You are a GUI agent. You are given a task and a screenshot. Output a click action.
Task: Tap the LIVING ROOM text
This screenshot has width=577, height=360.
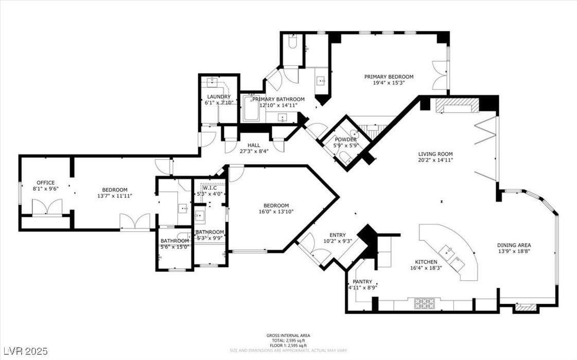(435, 154)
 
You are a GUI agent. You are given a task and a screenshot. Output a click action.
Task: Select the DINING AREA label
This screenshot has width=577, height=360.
(514, 245)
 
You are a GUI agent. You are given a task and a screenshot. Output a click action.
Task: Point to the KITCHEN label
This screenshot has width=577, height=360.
(424, 262)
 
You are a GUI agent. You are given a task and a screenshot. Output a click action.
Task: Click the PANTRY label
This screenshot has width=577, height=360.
(362, 282)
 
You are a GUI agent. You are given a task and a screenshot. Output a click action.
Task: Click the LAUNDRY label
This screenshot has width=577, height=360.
(219, 97)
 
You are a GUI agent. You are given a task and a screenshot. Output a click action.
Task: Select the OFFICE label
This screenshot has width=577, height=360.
(45, 183)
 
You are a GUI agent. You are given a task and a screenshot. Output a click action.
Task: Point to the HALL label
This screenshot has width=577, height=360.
(254, 145)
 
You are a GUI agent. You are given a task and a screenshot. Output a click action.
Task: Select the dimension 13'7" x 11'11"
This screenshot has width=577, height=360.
(114, 196)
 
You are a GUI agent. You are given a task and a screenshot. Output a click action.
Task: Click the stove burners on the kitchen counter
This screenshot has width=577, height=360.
(424, 303)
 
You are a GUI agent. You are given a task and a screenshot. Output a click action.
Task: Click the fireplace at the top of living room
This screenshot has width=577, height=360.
(456, 106)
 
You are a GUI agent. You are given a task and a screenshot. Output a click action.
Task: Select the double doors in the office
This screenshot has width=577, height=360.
(47, 207)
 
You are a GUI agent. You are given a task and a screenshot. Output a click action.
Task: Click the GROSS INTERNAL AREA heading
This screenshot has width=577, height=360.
(288, 335)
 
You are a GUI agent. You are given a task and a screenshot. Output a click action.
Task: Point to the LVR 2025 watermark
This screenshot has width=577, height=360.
(24, 351)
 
